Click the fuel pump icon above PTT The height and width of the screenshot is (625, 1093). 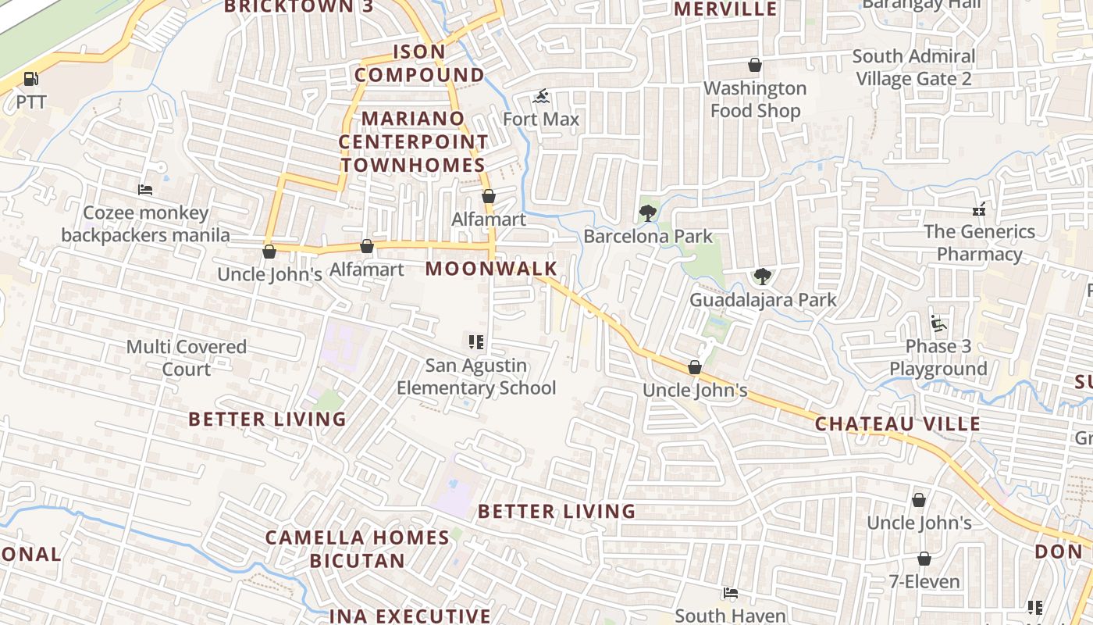coord(30,79)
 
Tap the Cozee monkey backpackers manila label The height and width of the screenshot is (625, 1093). coord(146,224)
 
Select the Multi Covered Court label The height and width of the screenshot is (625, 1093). coord(187,358)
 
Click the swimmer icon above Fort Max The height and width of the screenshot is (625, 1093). coord(541,98)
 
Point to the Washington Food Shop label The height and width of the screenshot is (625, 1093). coord(755,99)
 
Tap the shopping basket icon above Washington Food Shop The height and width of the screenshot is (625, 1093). coord(755,65)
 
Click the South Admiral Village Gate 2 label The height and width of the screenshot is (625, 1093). coord(913,68)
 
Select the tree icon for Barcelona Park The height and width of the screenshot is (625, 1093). coord(647,212)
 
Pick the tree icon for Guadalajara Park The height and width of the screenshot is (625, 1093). coord(762,277)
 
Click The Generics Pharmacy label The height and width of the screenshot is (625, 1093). coord(979,243)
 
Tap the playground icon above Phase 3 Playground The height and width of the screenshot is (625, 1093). coord(938,323)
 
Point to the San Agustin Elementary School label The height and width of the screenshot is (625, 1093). coord(476,377)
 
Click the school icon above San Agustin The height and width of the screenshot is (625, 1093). coord(476,341)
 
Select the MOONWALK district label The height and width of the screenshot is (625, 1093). coord(491,270)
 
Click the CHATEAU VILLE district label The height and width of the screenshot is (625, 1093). coord(897,424)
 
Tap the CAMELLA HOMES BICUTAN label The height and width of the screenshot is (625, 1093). coord(358,549)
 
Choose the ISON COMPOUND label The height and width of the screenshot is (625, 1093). coord(419,63)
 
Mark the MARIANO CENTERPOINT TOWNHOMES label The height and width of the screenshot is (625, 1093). coord(413,142)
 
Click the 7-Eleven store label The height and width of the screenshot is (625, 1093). coord(924,582)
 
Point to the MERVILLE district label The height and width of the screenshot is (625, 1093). coord(725,9)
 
